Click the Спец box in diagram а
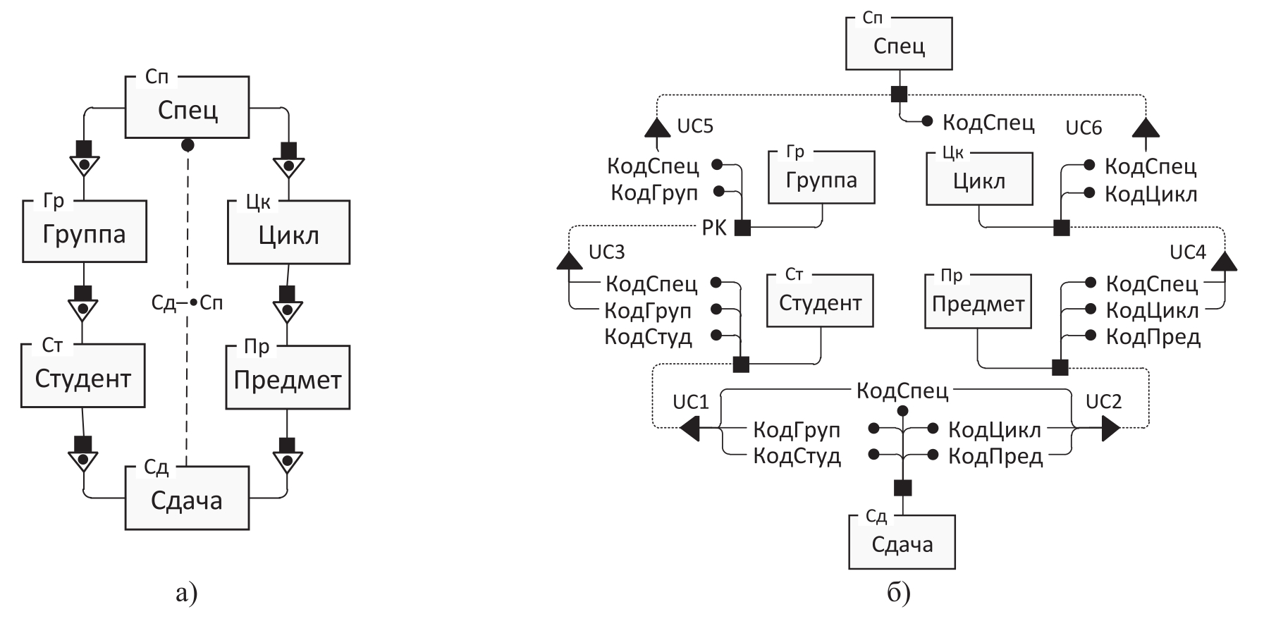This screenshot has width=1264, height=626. (x=187, y=107)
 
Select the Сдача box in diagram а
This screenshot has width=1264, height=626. (x=187, y=498)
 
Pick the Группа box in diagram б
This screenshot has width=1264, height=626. (x=821, y=178)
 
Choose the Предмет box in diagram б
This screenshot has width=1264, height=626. (x=978, y=302)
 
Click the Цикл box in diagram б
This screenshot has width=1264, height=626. (x=979, y=179)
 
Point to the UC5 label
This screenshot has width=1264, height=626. (x=695, y=126)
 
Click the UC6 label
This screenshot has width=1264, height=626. (x=1084, y=128)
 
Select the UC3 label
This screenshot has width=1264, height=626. (x=606, y=252)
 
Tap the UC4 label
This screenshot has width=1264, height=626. (x=1188, y=252)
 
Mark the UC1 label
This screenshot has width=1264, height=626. (x=690, y=402)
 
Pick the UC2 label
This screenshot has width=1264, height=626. (x=1103, y=402)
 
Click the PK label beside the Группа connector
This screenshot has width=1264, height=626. (x=714, y=228)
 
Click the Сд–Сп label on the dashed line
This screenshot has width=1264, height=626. (x=187, y=303)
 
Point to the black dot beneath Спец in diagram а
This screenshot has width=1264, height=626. (x=188, y=145)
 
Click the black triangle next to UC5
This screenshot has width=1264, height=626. (x=657, y=128)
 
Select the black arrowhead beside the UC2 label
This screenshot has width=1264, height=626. (x=1110, y=428)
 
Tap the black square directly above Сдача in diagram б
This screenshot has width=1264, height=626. (x=902, y=488)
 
